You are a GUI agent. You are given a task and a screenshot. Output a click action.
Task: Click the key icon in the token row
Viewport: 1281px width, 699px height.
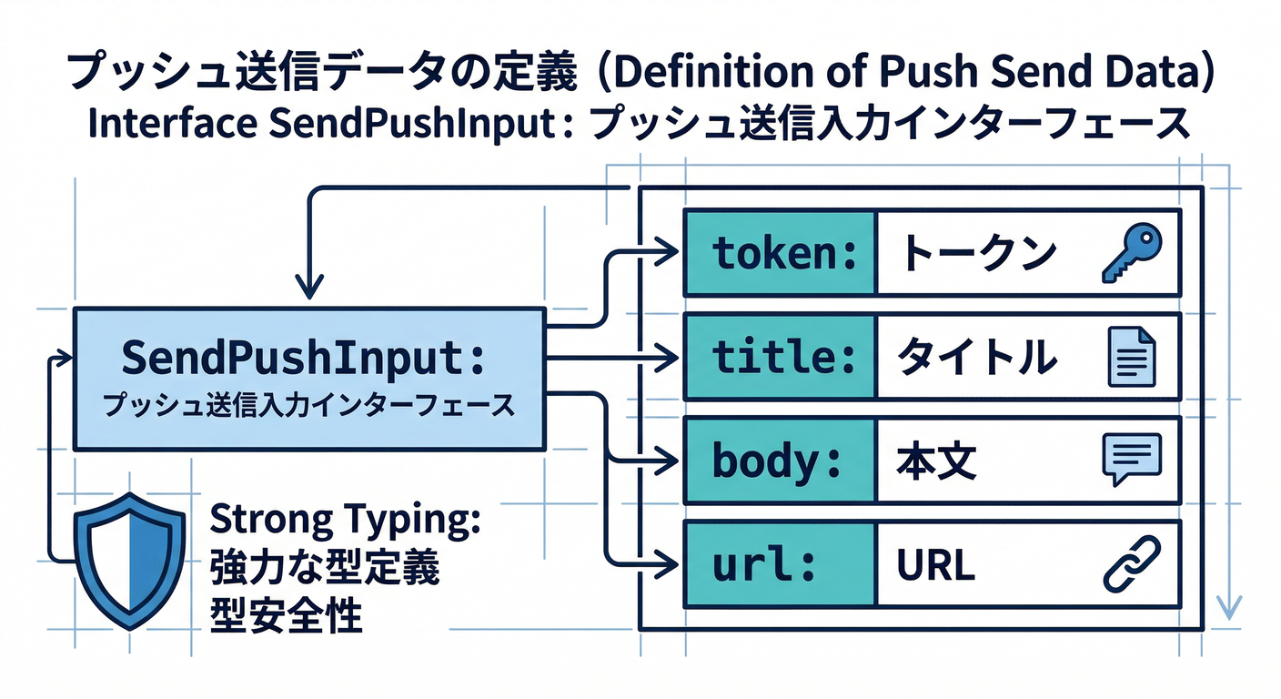(x=1131, y=253)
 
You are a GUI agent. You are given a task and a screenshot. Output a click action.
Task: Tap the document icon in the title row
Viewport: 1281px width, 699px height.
(x=1131, y=357)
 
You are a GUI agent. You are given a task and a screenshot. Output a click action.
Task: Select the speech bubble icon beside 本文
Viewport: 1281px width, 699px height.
(x=1131, y=461)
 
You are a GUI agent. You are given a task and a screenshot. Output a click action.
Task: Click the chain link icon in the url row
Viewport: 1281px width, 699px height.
(x=1131, y=563)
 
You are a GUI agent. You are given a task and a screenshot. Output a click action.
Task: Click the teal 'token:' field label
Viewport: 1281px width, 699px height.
(x=781, y=253)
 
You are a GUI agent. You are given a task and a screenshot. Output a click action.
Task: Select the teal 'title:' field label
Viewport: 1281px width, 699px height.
(x=781, y=357)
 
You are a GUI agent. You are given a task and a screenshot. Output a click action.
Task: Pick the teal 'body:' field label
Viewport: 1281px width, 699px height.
(x=781, y=461)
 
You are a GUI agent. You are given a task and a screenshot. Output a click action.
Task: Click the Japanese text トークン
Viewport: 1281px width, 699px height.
(x=977, y=254)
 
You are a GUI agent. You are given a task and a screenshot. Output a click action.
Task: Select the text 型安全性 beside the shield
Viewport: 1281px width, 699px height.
(x=287, y=616)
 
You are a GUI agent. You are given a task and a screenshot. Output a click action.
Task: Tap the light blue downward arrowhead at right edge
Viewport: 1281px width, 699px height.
(x=1229, y=607)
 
